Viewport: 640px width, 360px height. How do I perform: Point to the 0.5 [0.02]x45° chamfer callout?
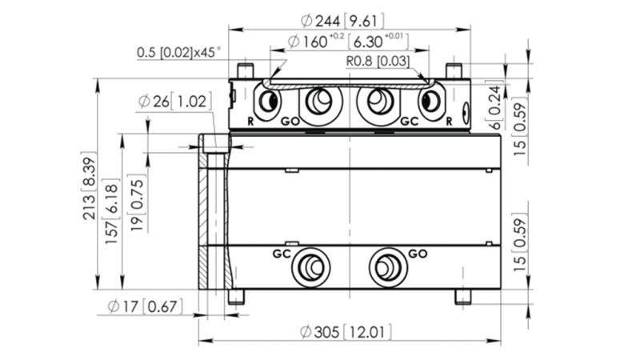(178, 54)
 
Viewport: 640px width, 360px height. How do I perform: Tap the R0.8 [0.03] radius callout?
(378, 60)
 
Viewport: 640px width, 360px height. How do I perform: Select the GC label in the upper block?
(409, 122)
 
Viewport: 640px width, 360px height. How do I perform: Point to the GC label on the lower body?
(281, 254)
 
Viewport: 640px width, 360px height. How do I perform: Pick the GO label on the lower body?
(418, 254)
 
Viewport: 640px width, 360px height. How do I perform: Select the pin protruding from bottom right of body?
(462, 297)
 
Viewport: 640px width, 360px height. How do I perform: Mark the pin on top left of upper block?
(247, 71)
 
